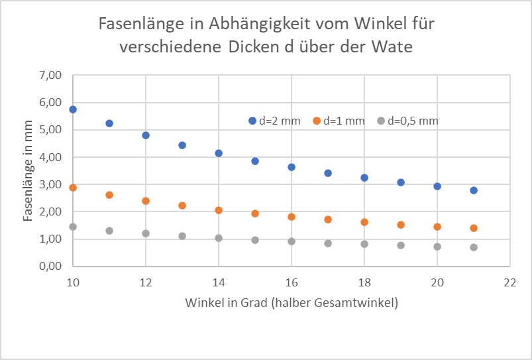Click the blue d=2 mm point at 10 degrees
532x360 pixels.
pos(73,109)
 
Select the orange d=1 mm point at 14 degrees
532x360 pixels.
pos(219,210)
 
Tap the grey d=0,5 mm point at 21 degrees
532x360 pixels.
pos(474,247)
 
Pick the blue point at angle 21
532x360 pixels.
pos(474,190)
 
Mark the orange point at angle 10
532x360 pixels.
pos(73,188)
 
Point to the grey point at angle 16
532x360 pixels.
pos(292,241)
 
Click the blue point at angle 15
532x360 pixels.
pos(255,161)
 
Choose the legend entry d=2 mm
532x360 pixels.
pos(275,121)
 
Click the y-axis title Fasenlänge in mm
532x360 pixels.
pos(28,170)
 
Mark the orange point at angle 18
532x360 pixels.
pos(364,222)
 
